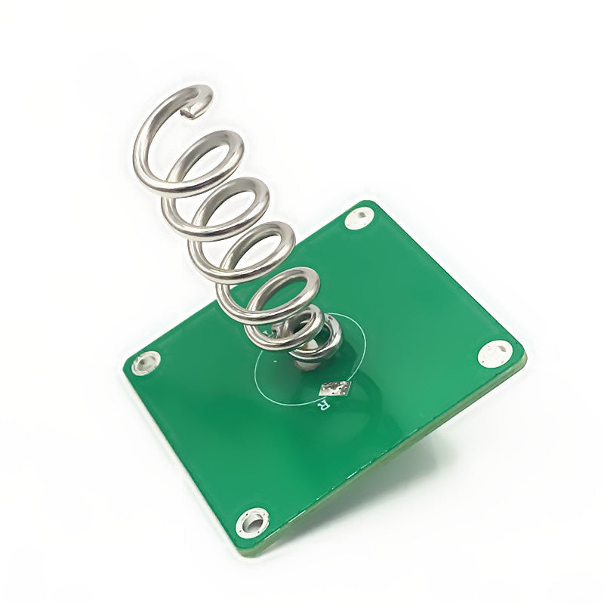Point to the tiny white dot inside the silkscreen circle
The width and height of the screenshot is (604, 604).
click(x=275, y=362)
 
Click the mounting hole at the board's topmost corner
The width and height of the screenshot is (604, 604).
click(x=359, y=219)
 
